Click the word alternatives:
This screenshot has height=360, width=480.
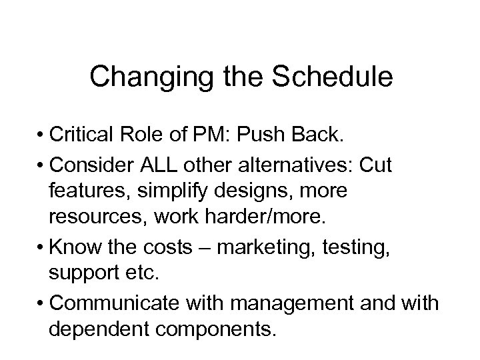[x=317, y=164]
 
